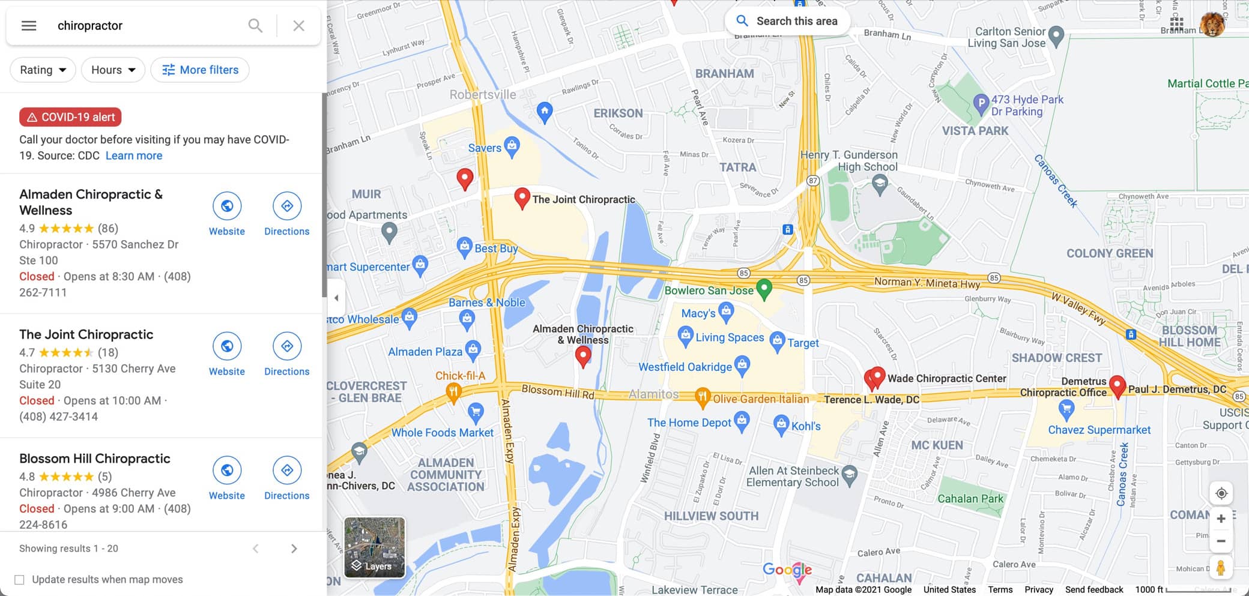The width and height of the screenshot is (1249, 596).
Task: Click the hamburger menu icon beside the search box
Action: point(29,26)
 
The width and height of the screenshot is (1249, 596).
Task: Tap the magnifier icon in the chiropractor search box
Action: point(255,26)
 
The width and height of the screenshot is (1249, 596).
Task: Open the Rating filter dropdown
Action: point(43,70)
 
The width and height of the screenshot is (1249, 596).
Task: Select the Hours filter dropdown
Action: point(113,70)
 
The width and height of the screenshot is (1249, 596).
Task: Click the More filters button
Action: point(200,70)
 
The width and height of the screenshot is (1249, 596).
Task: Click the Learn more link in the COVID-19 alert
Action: point(134,155)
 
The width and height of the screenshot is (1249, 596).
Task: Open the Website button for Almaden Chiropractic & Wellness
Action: point(227,214)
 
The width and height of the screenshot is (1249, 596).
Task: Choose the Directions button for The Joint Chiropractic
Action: point(287,355)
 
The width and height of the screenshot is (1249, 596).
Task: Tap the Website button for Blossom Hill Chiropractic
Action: point(227,478)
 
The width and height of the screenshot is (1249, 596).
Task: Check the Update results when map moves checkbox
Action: point(20,580)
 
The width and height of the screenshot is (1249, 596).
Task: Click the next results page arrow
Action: point(294,549)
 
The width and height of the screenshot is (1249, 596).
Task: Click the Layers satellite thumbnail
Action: point(375,547)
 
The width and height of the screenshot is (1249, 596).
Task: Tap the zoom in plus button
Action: point(1221,519)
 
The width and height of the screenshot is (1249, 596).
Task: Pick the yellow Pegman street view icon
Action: point(1221,568)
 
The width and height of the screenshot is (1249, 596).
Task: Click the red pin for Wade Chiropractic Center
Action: point(877,376)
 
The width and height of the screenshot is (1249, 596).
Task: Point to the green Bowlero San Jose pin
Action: point(764,289)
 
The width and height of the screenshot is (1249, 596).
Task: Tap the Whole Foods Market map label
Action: point(443,432)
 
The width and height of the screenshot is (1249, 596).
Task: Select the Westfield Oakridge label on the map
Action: point(685,367)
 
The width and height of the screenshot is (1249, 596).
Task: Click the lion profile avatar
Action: point(1212,25)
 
